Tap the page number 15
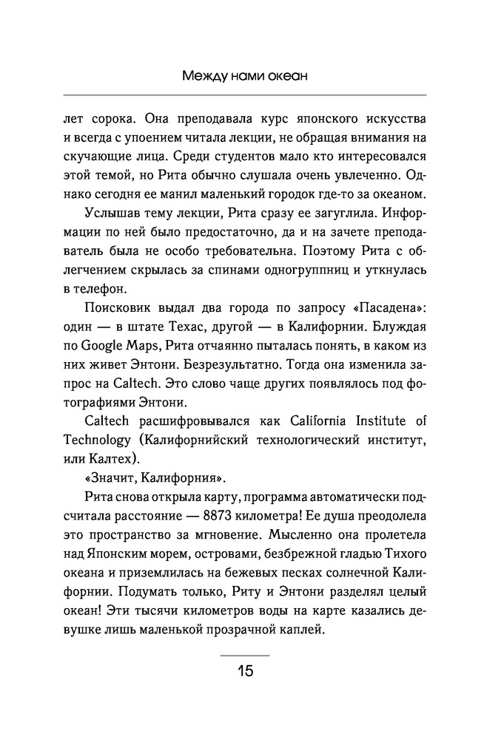click(x=245, y=671)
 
